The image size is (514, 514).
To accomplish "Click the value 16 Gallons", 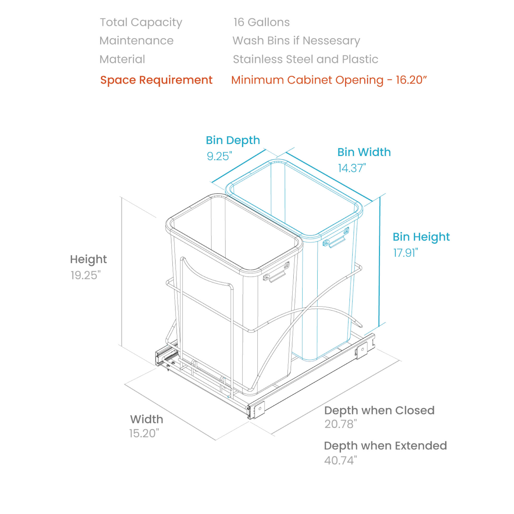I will (261, 22).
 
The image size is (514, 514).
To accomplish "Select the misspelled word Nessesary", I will (331, 41).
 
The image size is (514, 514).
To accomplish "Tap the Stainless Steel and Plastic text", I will (305, 59).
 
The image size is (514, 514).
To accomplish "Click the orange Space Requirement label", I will (156, 80).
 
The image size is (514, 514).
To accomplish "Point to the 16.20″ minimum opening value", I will (411, 80).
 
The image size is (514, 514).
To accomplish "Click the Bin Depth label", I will (233, 140).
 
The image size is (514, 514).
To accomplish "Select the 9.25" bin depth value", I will (219, 156).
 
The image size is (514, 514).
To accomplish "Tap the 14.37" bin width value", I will (352, 168).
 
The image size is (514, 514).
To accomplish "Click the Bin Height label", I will (421, 237).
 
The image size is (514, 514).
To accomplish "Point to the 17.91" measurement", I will (406, 253).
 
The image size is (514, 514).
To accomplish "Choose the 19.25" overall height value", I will (85, 275).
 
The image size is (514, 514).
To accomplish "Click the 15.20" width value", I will (144, 434).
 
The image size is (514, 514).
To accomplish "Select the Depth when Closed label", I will (379, 410).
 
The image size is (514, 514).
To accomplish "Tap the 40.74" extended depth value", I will (340, 460).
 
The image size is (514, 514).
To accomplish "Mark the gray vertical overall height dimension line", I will (122, 271).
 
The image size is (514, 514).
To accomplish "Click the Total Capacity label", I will (141, 22).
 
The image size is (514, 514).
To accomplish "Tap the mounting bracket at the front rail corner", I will (258, 409).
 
